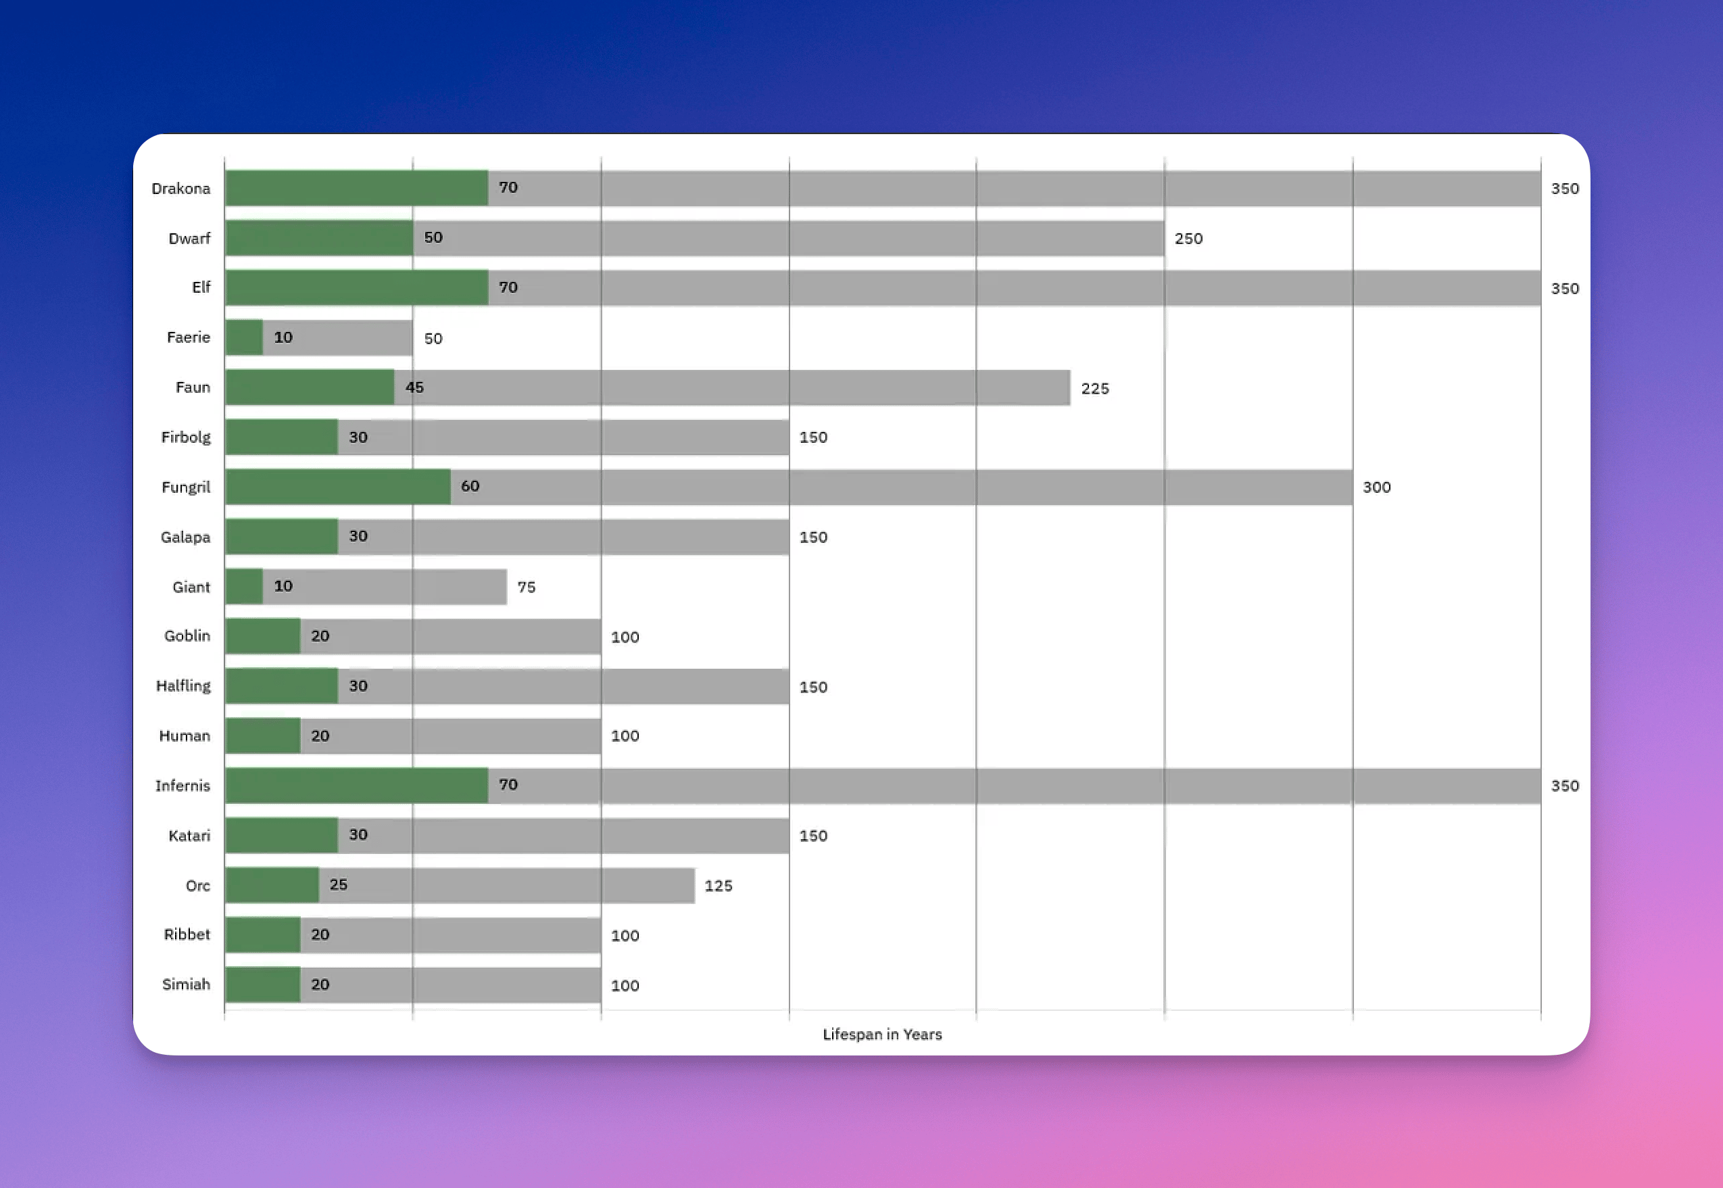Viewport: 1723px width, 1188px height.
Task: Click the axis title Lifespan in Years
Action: pos(881,1034)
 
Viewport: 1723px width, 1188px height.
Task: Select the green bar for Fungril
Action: pos(338,487)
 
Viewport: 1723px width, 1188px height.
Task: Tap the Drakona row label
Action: pos(180,189)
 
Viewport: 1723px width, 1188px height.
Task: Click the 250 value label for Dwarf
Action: pos(1188,238)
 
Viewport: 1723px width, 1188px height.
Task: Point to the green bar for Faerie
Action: pos(244,337)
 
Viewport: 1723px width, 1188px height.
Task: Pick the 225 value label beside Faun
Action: pos(1094,389)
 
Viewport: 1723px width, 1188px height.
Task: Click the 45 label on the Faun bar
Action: pos(414,387)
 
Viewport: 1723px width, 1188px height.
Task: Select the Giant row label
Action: pos(191,586)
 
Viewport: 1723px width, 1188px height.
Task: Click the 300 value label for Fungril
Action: pos(1376,487)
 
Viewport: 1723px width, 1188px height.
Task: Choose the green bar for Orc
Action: pos(272,885)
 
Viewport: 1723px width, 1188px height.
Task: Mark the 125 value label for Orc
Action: pos(718,886)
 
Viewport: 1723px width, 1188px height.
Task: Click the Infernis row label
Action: pos(183,785)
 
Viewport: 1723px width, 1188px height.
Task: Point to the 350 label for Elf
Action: pos(1565,288)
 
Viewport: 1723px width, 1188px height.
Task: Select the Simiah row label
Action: pos(186,984)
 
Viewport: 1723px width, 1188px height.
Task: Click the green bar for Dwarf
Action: pos(319,238)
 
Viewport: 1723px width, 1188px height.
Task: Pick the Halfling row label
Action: pos(183,686)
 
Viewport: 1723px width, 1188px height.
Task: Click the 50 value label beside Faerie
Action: pos(433,339)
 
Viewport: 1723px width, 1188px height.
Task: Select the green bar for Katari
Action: pos(282,835)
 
